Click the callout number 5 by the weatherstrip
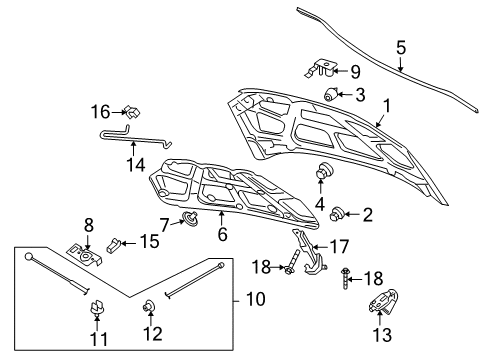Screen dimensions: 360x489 (x=401, y=47)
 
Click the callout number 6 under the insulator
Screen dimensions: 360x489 (x=223, y=234)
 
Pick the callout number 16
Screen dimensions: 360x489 (x=101, y=111)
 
